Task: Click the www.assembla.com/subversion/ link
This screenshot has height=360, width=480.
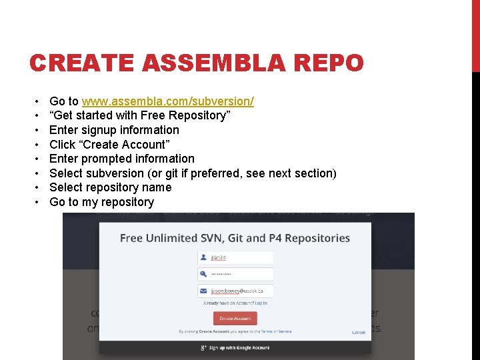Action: coord(167,101)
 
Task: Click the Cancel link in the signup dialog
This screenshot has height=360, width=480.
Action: coord(359,332)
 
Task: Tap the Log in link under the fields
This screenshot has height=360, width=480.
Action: coord(261,303)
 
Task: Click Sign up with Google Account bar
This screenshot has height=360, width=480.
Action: coord(235,347)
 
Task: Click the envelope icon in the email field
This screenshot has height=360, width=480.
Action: coord(202,291)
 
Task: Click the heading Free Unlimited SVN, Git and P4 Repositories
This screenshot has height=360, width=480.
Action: coord(235,238)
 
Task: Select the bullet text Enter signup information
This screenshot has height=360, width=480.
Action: coord(114,130)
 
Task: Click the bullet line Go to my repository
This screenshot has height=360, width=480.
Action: coord(101,202)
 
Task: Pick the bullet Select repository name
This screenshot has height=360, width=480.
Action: coord(110,187)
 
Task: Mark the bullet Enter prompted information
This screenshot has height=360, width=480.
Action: coord(121,159)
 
